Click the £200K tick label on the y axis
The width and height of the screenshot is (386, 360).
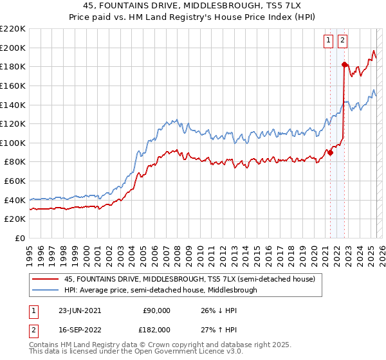[14, 48]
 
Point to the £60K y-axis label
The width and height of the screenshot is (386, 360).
[15, 181]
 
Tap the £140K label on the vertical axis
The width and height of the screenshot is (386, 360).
[14, 105]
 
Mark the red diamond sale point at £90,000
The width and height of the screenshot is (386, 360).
[330, 152]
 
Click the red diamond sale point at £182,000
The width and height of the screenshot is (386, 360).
[344, 64]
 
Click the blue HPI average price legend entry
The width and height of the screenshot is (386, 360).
[160, 290]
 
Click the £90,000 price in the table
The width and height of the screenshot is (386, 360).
[156, 310]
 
